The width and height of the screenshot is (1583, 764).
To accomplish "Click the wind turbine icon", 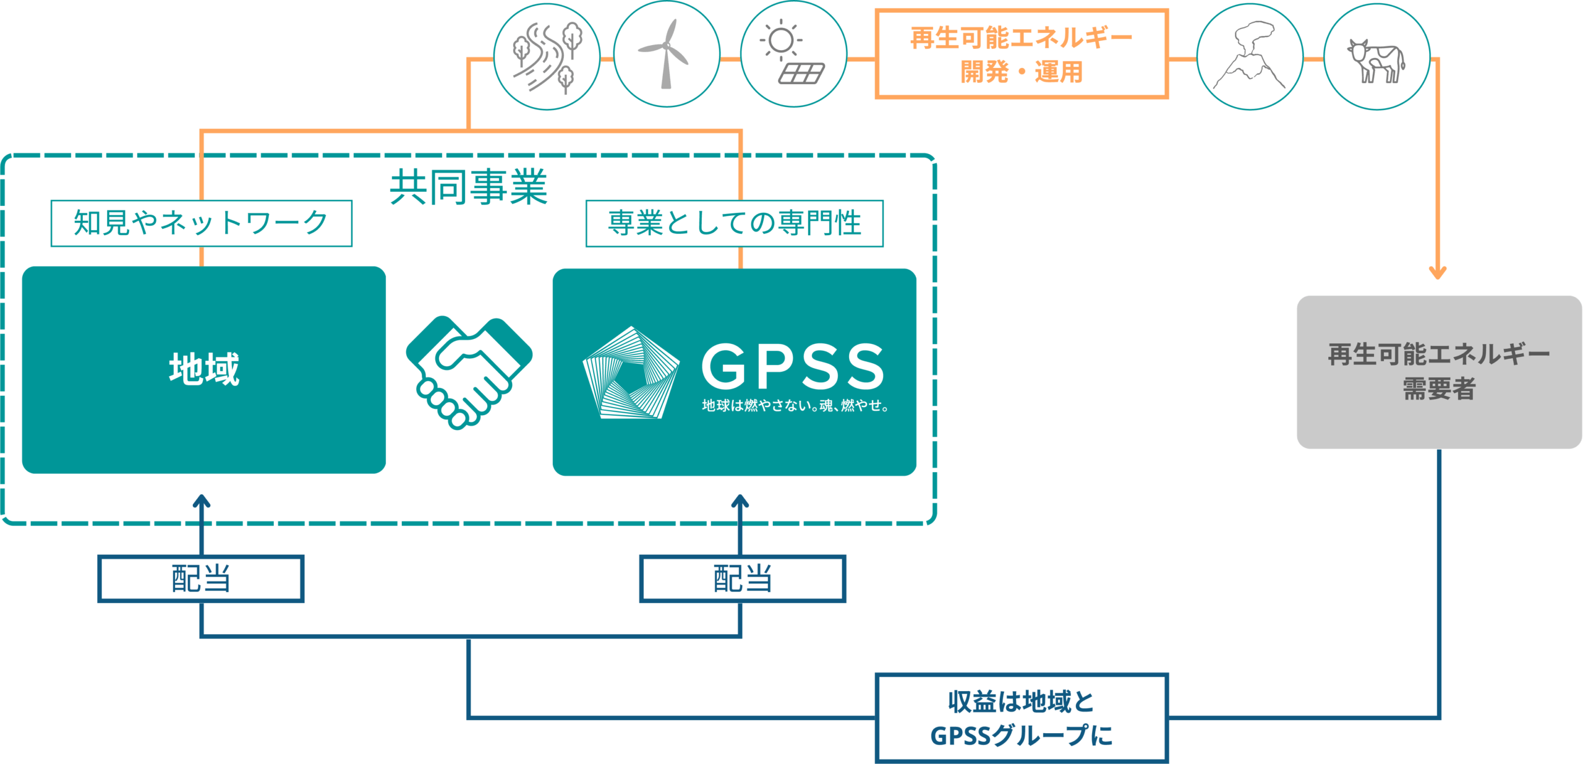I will point(666,55).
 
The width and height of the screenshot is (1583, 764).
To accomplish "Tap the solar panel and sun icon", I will point(793,55).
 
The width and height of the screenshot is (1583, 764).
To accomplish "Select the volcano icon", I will point(1250,57).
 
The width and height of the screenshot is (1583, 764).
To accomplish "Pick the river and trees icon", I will point(547,57).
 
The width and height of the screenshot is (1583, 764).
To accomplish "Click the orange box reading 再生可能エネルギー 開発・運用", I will point(1022,54).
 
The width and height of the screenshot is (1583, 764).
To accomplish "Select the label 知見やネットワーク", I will point(201,223).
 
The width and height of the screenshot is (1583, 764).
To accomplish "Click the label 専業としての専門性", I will point(734,223).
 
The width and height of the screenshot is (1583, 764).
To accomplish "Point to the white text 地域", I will point(204,369).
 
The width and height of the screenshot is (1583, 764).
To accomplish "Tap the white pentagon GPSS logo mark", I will point(630,374).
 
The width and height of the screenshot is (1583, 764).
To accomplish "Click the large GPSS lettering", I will point(793,366).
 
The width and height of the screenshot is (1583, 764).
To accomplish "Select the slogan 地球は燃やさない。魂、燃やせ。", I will point(795,406).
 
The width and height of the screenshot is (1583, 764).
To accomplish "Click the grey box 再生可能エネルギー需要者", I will point(1439,372).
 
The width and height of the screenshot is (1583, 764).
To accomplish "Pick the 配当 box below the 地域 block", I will point(201,578).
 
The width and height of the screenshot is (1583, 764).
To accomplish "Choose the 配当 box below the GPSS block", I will point(742,578).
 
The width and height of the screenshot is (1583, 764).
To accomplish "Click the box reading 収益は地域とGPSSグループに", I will point(1022,718).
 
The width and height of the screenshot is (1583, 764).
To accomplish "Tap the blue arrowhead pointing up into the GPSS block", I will point(740,500).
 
